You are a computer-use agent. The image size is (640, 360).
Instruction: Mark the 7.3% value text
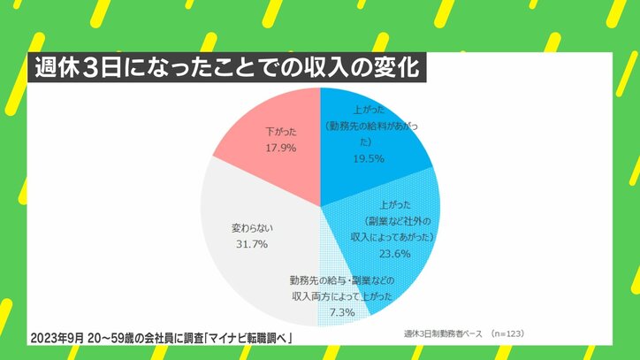341,312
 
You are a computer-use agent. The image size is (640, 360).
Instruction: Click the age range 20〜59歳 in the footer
108,340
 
